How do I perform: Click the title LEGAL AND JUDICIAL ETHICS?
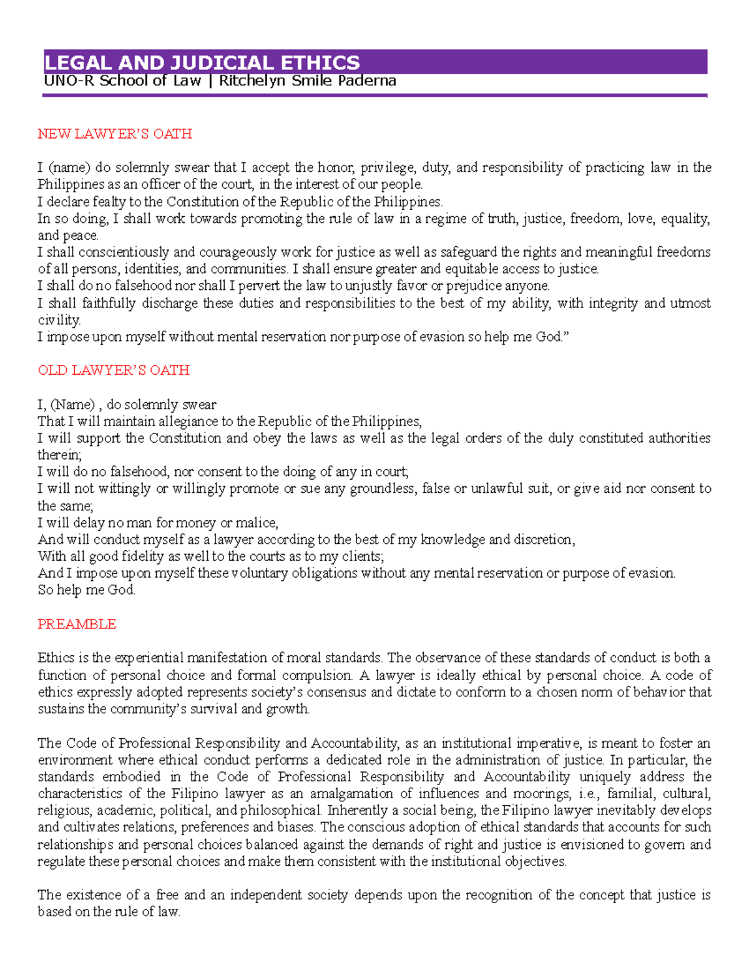tap(202, 62)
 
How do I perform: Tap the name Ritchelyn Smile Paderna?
tap(308, 81)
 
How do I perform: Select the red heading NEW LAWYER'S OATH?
tap(115, 134)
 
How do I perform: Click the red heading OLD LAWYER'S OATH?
tap(114, 370)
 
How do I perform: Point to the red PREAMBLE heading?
tap(77, 624)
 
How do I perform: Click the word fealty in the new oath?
tap(109, 202)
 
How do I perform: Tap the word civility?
tap(59, 320)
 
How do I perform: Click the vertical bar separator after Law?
tap(210, 81)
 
